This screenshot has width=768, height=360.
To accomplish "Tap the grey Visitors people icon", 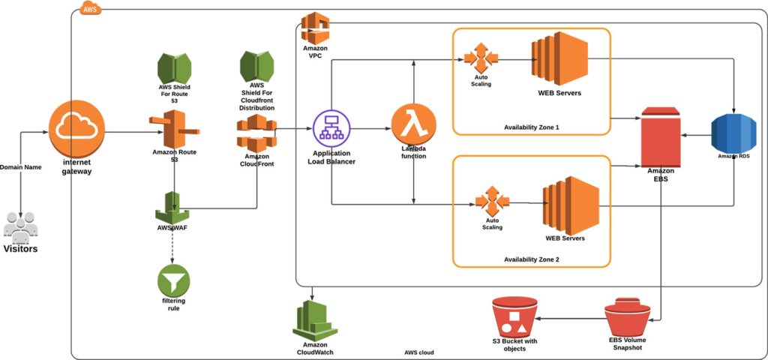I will coord(20,226).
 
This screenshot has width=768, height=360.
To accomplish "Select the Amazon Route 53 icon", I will coord(173,128).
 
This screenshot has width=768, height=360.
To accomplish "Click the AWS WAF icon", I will coord(173,206).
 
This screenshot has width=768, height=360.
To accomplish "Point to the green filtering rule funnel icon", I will coord(173,282).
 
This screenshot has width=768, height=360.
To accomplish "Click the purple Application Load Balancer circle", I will coord(331,129).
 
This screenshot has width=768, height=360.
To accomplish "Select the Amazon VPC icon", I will coord(316,28).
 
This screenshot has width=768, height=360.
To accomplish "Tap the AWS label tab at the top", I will coord(88,10).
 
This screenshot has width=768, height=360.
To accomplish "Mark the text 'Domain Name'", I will coord(21,166).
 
